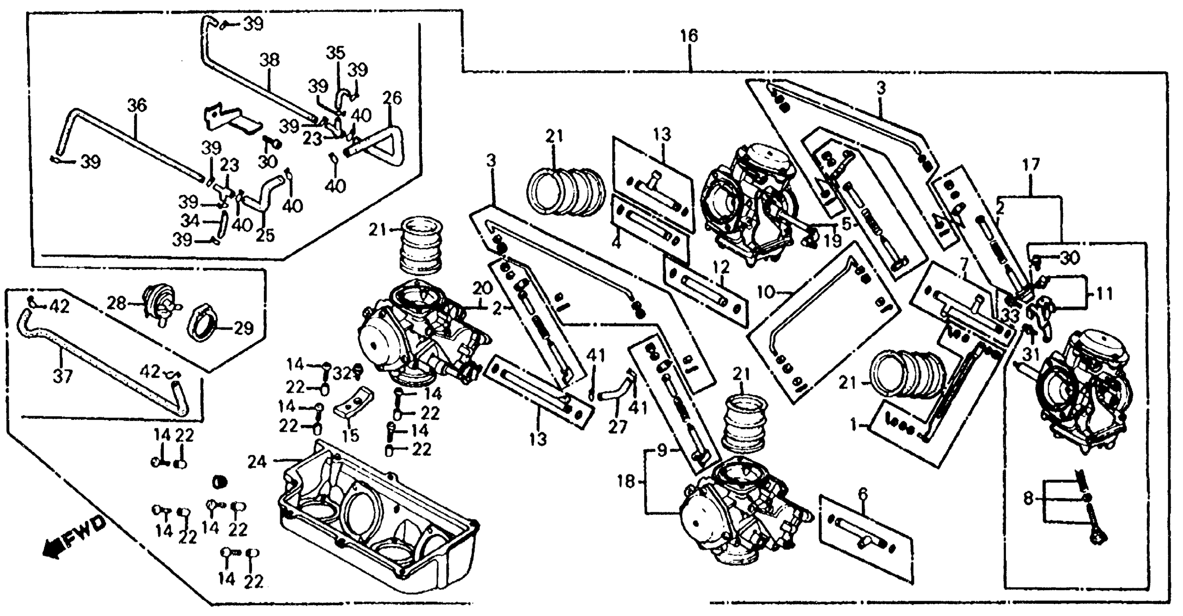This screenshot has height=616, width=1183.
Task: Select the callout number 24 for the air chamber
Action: tap(257, 462)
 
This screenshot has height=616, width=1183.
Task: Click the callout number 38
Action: tap(269, 61)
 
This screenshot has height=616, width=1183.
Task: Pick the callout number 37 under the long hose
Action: tap(62, 377)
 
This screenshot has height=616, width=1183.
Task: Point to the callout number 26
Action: tap(392, 98)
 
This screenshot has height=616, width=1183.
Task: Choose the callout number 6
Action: tap(862, 494)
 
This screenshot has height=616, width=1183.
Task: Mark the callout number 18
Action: tap(626, 482)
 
